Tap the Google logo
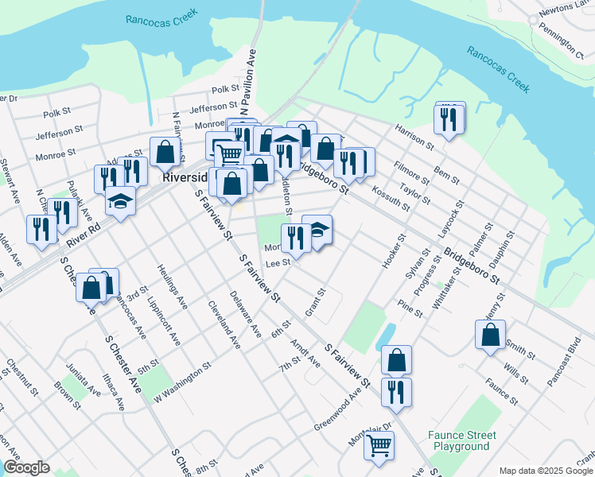[x=26, y=467]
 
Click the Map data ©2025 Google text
[x=545, y=471]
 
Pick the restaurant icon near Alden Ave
[x=41, y=229]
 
